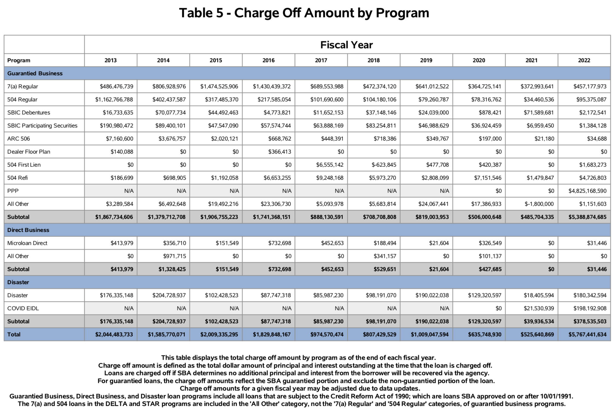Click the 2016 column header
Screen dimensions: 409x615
coord(268,60)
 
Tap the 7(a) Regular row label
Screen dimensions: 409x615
coord(23,86)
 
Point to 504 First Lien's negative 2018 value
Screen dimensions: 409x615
coord(384,165)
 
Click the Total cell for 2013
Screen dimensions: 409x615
coord(114,334)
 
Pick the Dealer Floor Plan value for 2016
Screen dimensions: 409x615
coord(279,152)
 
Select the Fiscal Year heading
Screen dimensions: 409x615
coord(346,45)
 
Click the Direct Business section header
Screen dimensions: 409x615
coord(28,230)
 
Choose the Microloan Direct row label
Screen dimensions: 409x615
coord(27,243)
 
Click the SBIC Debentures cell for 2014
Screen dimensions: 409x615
coord(170,113)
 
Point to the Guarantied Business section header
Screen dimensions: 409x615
coord(35,73)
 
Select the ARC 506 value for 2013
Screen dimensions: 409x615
coord(119,139)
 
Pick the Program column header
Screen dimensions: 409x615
coord(19,60)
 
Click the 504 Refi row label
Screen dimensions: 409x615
coord(17,178)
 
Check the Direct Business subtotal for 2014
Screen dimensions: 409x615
coord(172,269)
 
